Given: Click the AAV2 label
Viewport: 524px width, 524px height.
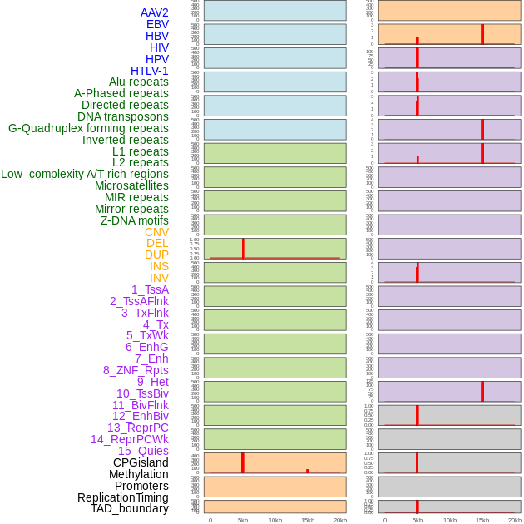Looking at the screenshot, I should (154, 12).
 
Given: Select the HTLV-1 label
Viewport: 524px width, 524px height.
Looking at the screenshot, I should (149, 71).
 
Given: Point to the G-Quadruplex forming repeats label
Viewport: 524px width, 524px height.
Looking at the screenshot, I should (88, 128).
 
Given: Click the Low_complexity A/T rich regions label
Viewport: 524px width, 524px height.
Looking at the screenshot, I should (85, 174).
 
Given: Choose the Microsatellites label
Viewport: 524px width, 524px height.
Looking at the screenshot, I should (131, 185).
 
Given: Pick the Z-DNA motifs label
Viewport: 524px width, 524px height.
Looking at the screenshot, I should (135, 220).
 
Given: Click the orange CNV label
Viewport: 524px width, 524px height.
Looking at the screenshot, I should (156, 232).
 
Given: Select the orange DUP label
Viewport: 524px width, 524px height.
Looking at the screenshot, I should (156, 255).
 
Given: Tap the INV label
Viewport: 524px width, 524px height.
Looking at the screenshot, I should (159, 278).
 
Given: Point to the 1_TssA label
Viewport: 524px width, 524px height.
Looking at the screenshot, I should (150, 289).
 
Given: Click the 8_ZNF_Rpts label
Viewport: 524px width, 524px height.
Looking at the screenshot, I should (136, 370).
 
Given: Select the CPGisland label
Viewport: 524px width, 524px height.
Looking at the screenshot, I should (141, 462).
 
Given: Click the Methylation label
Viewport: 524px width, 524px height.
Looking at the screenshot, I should (139, 474).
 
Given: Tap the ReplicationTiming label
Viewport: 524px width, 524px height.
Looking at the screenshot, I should (123, 497).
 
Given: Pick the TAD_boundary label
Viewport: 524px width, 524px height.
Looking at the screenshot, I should (130, 508).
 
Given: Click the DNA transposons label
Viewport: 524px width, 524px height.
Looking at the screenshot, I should (123, 116).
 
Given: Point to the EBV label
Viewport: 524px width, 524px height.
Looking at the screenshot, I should (157, 24).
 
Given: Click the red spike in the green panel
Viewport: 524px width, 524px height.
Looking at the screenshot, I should (243, 248).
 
